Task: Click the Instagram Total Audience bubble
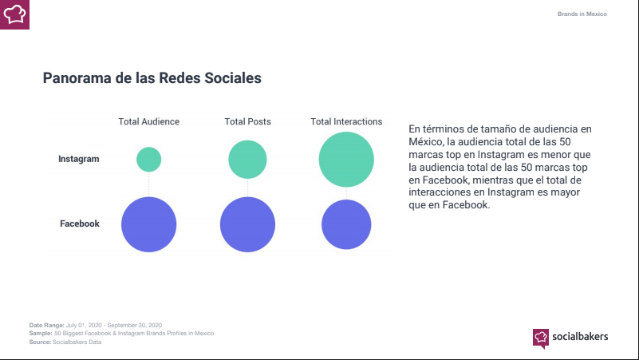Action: [x=148, y=159]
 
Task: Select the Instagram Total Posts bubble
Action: [x=247, y=160]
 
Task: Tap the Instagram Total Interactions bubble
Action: [x=346, y=160]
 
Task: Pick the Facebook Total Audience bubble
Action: [x=148, y=224]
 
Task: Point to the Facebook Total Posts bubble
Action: [x=247, y=224]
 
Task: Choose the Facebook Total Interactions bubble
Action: [x=346, y=224]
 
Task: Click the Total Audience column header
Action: [x=148, y=121]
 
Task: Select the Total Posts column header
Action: [x=247, y=121]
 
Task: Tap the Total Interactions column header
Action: [x=346, y=121]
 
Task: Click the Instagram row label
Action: [x=79, y=159]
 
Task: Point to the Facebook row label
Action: [x=80, y=224]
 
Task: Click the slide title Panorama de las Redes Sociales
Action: [x=152, y=79]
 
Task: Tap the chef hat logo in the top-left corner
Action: [x=14, y=14]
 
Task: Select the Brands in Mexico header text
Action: [x=582, y=14]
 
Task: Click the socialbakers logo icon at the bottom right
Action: [x=541, y=337]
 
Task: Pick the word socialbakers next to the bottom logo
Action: [x=580, y=337]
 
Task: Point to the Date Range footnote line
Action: [x=96, y=325]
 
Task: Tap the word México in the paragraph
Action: [x=425, y=140]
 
